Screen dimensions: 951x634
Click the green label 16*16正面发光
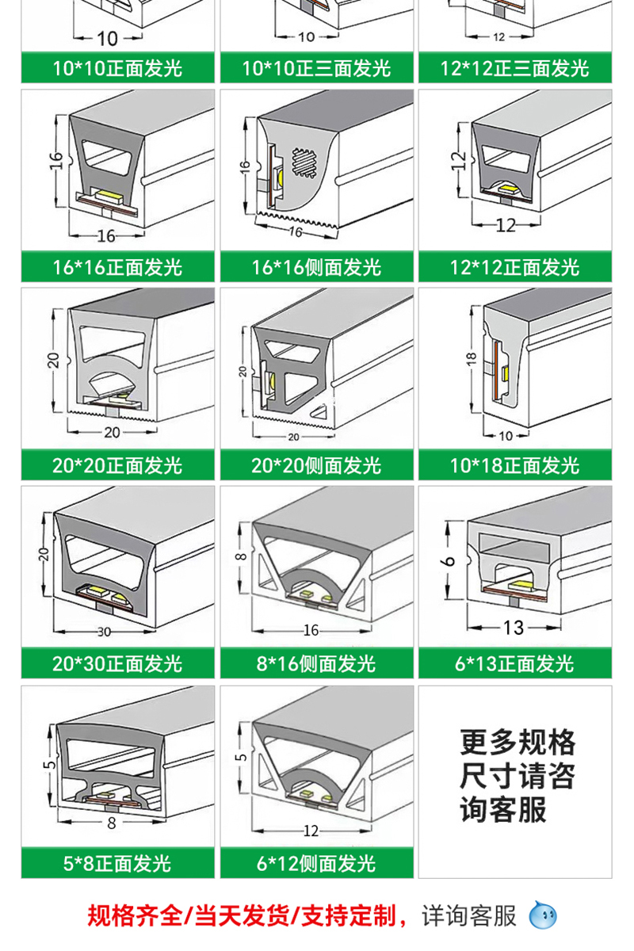click(117, 266)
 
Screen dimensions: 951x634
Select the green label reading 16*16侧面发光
click(317, 266)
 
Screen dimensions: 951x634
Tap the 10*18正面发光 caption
click(515, 465)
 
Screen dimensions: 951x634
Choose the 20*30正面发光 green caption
click(117, 663)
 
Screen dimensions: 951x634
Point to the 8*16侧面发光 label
click(317, 663)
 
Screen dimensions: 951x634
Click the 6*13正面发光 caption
click(515, 663)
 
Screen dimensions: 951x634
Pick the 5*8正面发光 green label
click(117, 862)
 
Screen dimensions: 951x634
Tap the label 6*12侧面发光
click(317, 862)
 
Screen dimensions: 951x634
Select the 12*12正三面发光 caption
click(515, 68)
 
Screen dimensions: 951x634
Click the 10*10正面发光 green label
click(117, 68)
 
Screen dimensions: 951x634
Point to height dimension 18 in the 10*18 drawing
click(471, 361)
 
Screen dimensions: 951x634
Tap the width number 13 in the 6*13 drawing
click(514, 628)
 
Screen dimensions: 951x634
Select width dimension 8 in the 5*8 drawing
click(111, 822)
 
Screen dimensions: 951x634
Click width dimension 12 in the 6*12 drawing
click(311, 830)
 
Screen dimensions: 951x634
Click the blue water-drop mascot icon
click(543, 917)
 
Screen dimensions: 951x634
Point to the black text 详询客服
click(469, 917)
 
